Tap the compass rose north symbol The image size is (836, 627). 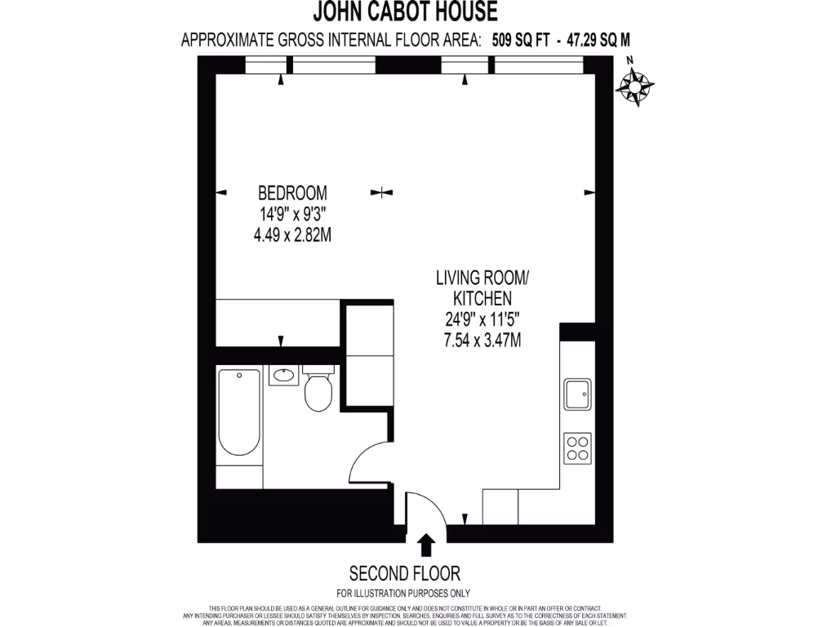pos(635,83)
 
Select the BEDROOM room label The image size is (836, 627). pos(292,193)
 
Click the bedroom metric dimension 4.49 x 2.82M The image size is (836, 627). pos(292,235)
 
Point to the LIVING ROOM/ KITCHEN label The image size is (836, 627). pos(482,288)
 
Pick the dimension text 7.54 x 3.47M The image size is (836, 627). pos(482,340)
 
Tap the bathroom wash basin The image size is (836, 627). pos(283,376)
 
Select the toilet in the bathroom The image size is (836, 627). pos(317,392)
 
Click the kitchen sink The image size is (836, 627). pos(578,394)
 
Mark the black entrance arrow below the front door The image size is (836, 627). pos(425,543)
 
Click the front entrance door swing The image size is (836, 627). pos(427,510)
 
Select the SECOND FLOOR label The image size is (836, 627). pos(404,572)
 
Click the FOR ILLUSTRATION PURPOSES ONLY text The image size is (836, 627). pos(403,594)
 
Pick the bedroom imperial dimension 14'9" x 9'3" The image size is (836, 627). pos(292,215)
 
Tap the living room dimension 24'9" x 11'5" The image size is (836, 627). pos(482,320)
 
